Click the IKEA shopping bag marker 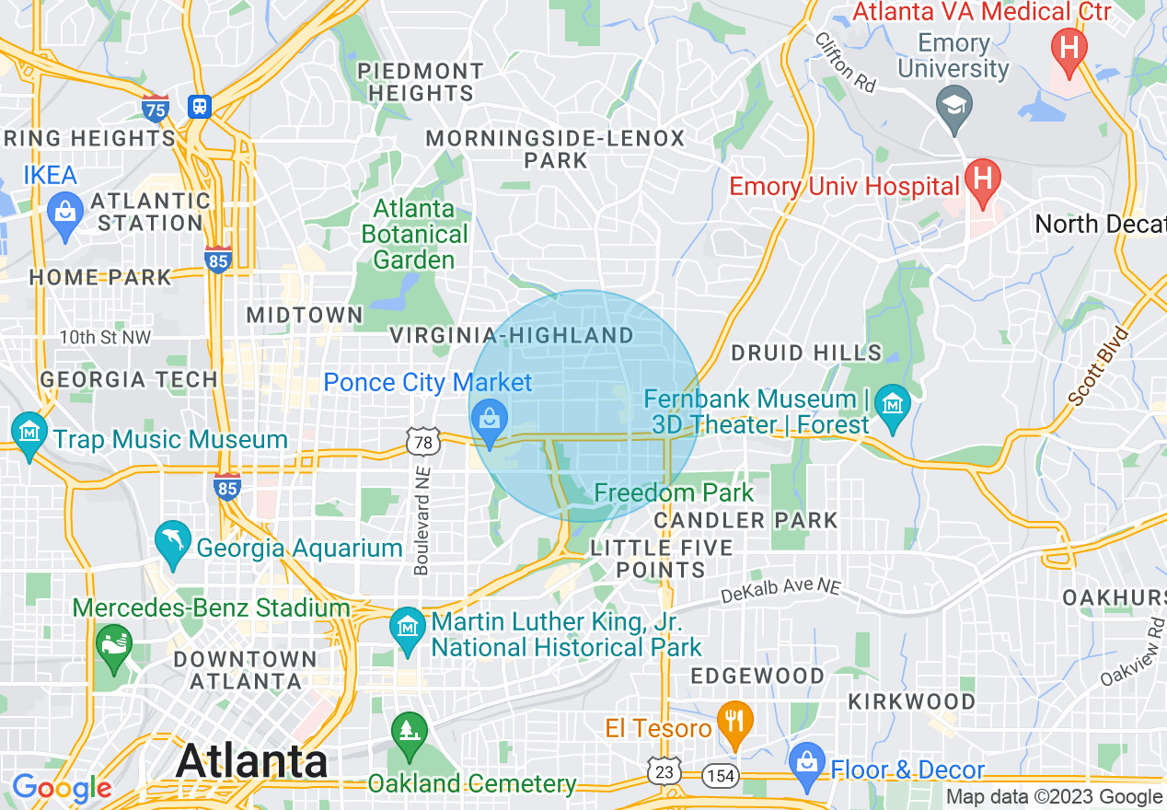(64, 214)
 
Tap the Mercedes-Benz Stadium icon (114, 642)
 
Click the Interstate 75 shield (156, 109)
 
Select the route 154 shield (722, 775)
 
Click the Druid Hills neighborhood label (806, 353)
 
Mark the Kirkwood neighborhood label (911, 701)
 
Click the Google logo (62, 788)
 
